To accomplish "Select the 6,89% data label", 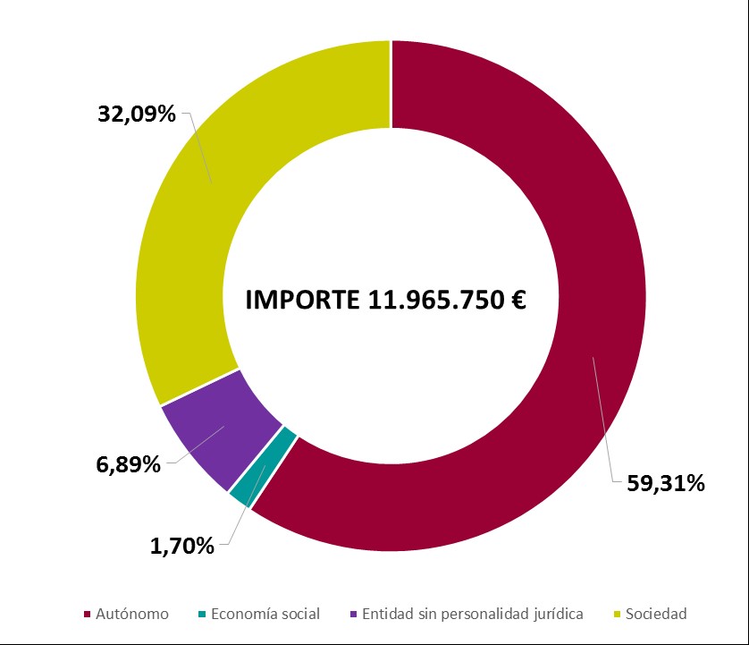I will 129,464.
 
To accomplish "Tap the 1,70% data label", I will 182,545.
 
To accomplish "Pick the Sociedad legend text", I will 656,614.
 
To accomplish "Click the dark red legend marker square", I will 87,615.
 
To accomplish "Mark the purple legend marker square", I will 355,615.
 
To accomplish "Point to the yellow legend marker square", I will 617,615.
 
